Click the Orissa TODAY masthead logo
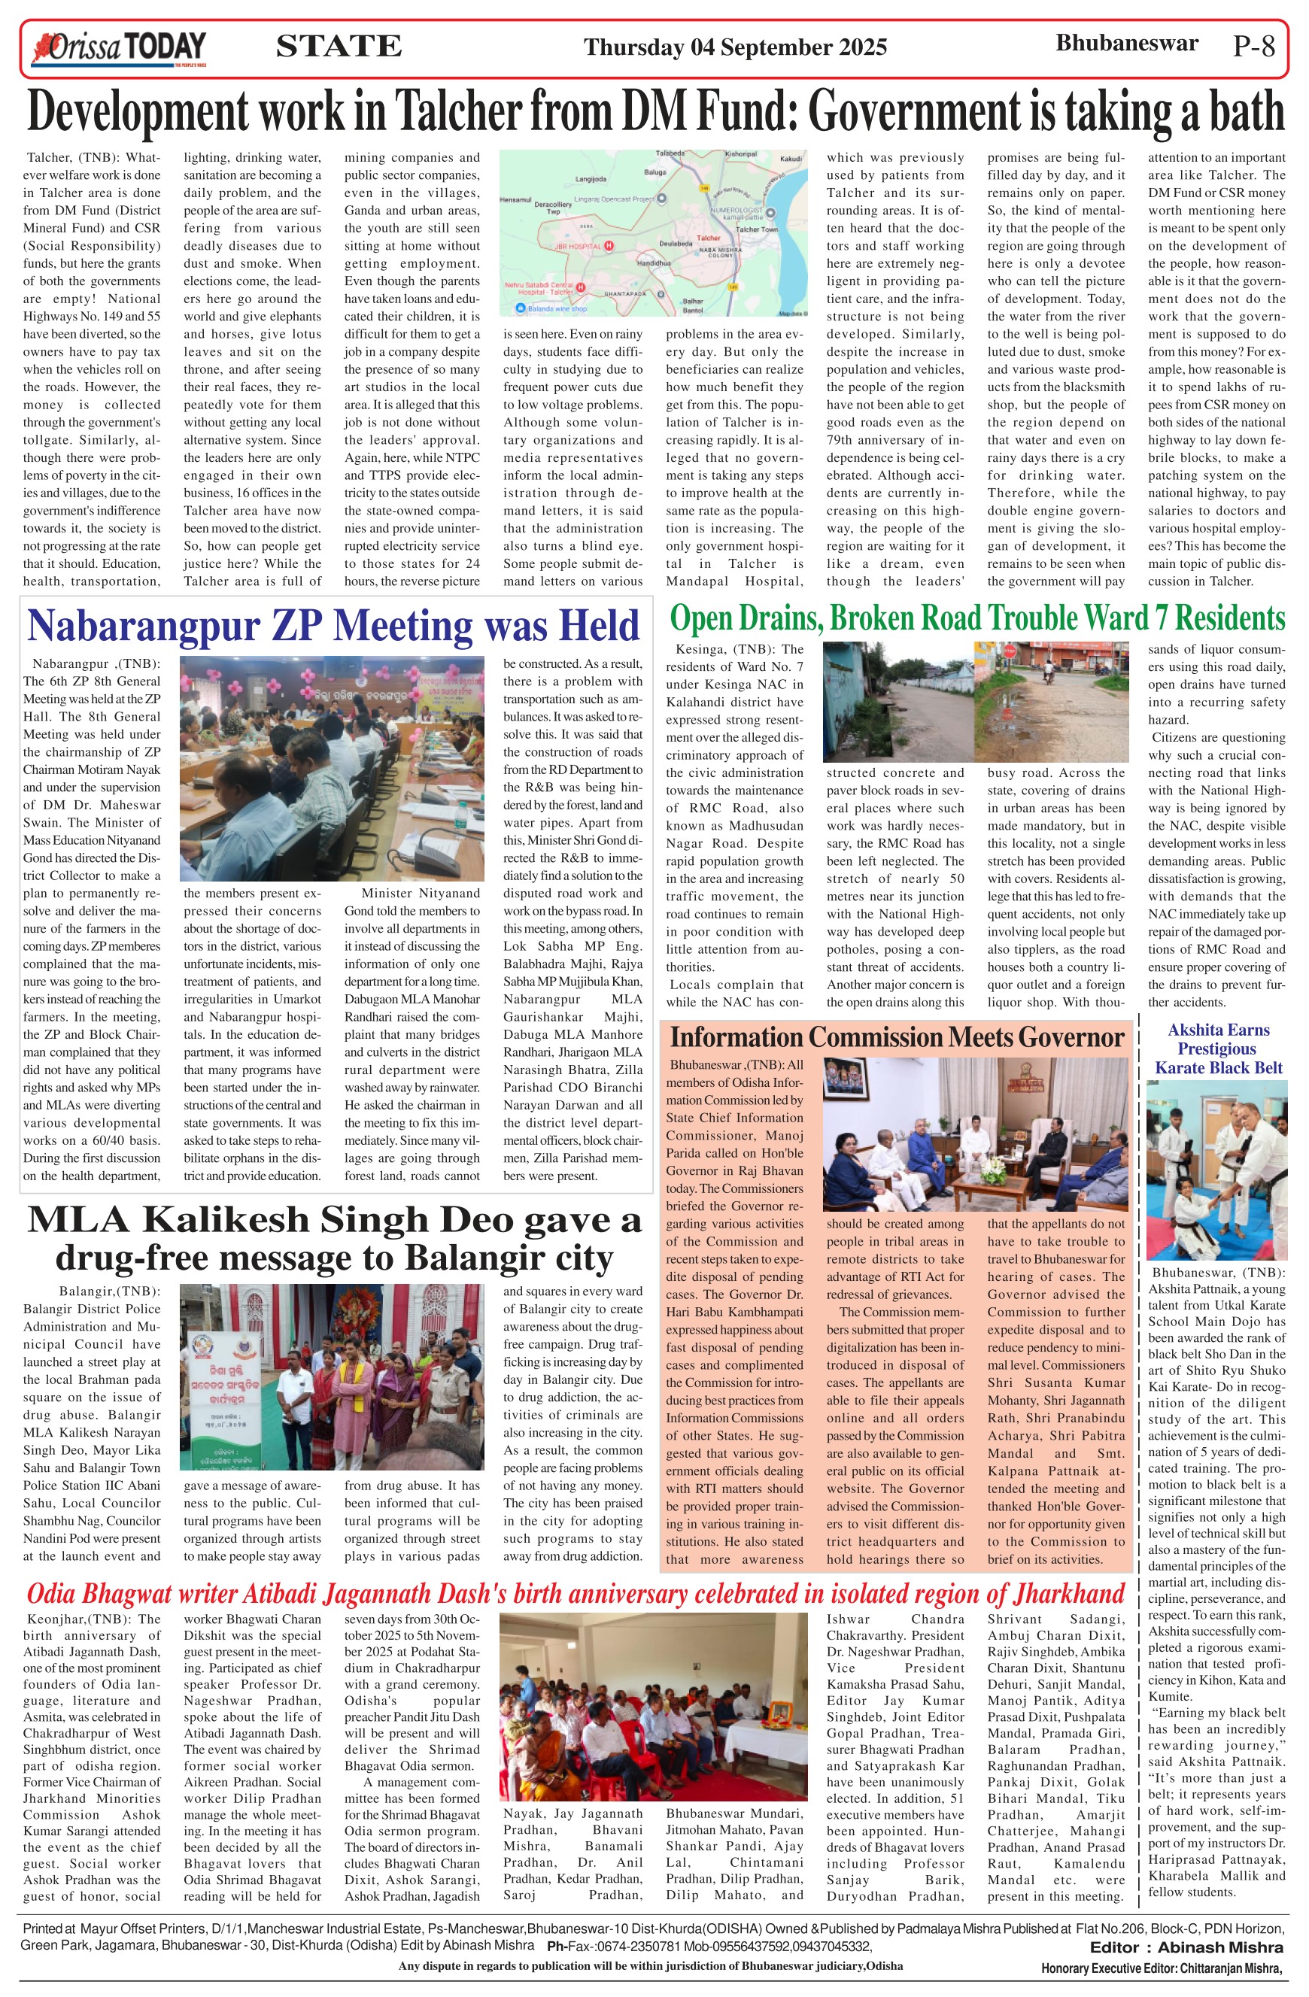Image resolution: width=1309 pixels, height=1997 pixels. click(x=118, y=49)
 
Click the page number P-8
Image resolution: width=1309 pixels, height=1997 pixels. click(x=1253, y=46)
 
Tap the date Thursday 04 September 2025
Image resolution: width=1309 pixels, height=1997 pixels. click(x=735, y=47)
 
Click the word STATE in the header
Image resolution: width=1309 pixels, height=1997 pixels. click(x=339, y=46)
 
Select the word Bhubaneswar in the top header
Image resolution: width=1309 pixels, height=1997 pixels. click(x=1126, y=44)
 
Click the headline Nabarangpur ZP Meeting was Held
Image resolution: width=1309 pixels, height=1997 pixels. click(x=333, y=626)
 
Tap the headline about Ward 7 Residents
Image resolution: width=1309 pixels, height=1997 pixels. click(x=976, y=619)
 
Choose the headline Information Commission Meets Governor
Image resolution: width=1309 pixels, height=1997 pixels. click(x=896, y=1038)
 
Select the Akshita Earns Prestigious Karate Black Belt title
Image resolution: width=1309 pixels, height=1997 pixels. click(x=1219, y=1049)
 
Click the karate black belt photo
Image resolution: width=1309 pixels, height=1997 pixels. click(x=1216, y=1170)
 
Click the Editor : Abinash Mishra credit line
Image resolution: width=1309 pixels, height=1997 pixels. click(x=1186, y=1947)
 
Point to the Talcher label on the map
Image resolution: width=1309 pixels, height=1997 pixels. click(x=709, y=238)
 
